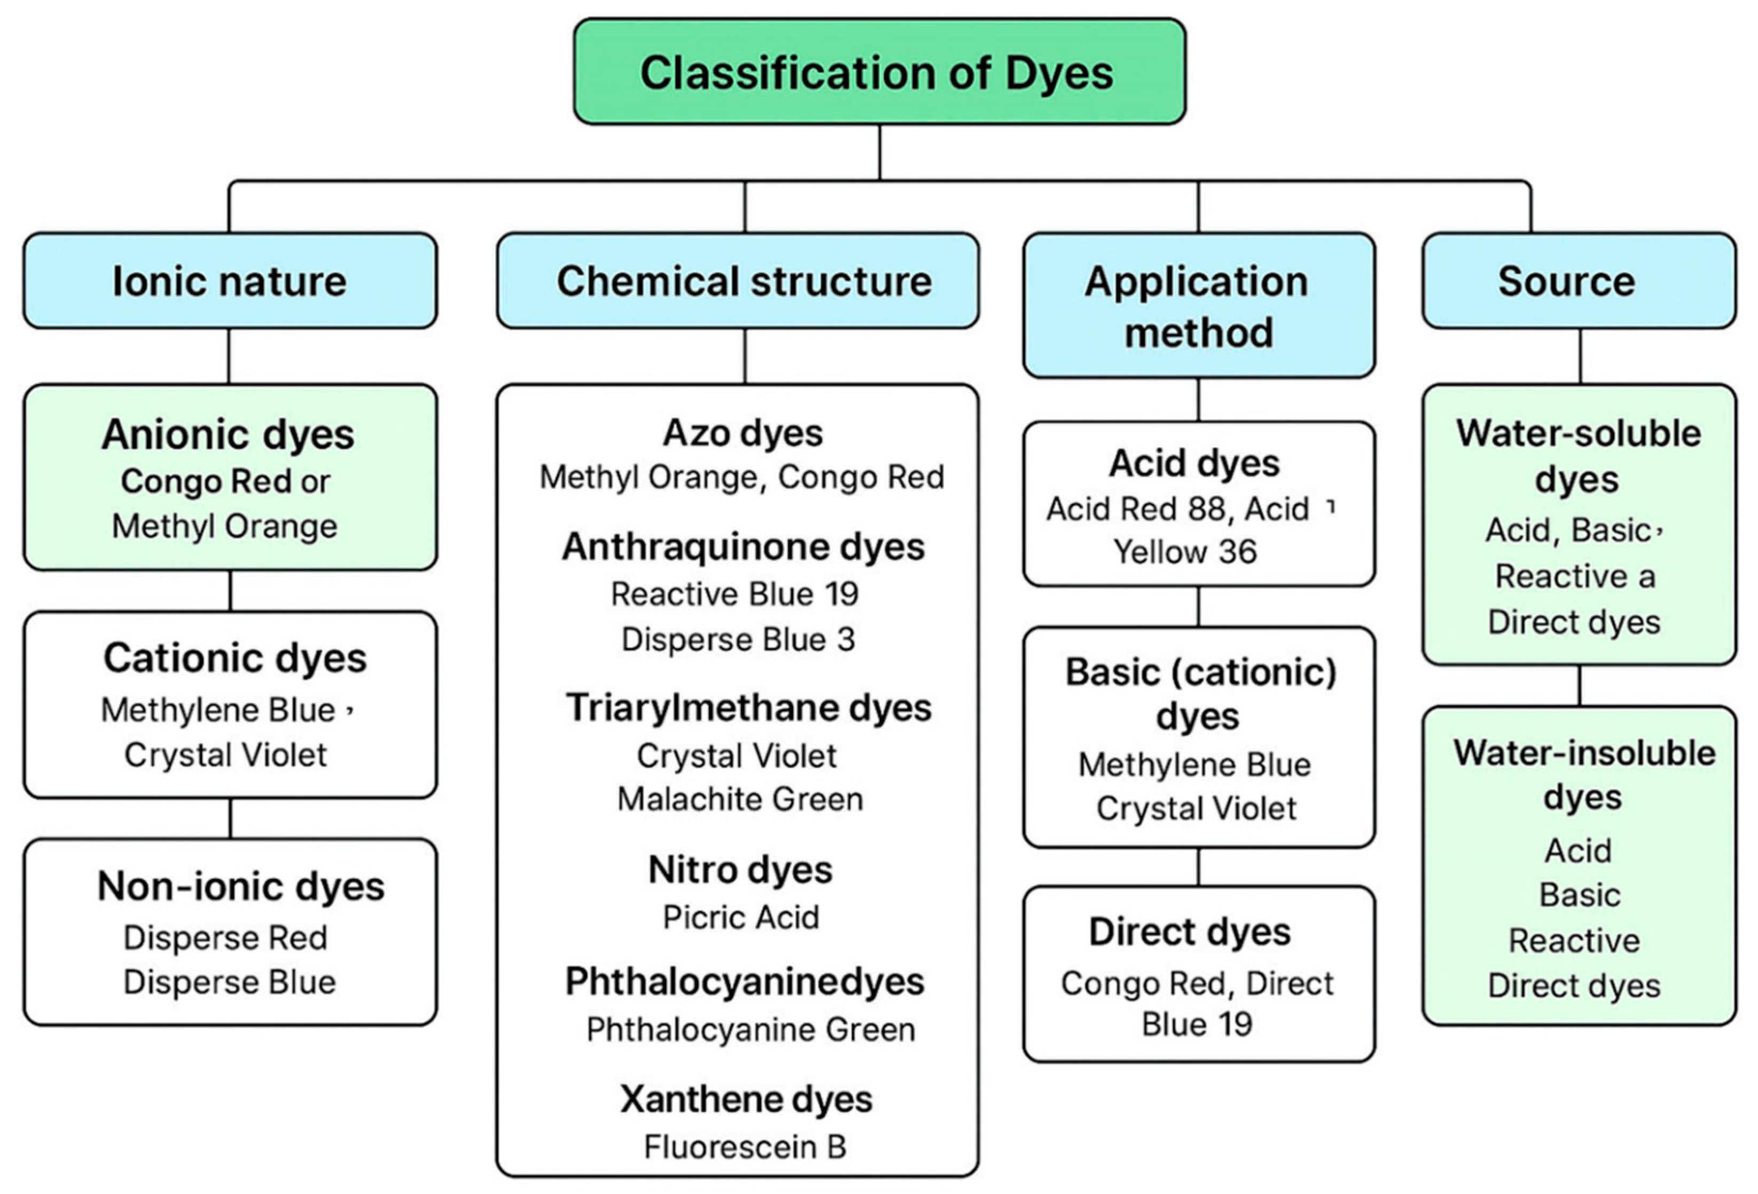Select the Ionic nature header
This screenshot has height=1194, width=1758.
click(x=230, y=280)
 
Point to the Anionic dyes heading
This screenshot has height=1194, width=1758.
click(x=229, y=434)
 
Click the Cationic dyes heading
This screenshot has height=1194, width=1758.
click(x=235, y=658)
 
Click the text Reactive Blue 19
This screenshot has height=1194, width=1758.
click(x=735, y=594)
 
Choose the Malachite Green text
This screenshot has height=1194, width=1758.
click(x=740, y=799)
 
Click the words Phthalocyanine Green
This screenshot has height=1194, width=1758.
click(x=751, y=1029)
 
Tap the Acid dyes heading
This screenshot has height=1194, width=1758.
click(x=1194, y=463)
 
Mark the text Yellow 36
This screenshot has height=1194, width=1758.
click(x=1185, y=552)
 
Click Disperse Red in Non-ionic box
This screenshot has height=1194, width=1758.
click(x=225, y=938)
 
